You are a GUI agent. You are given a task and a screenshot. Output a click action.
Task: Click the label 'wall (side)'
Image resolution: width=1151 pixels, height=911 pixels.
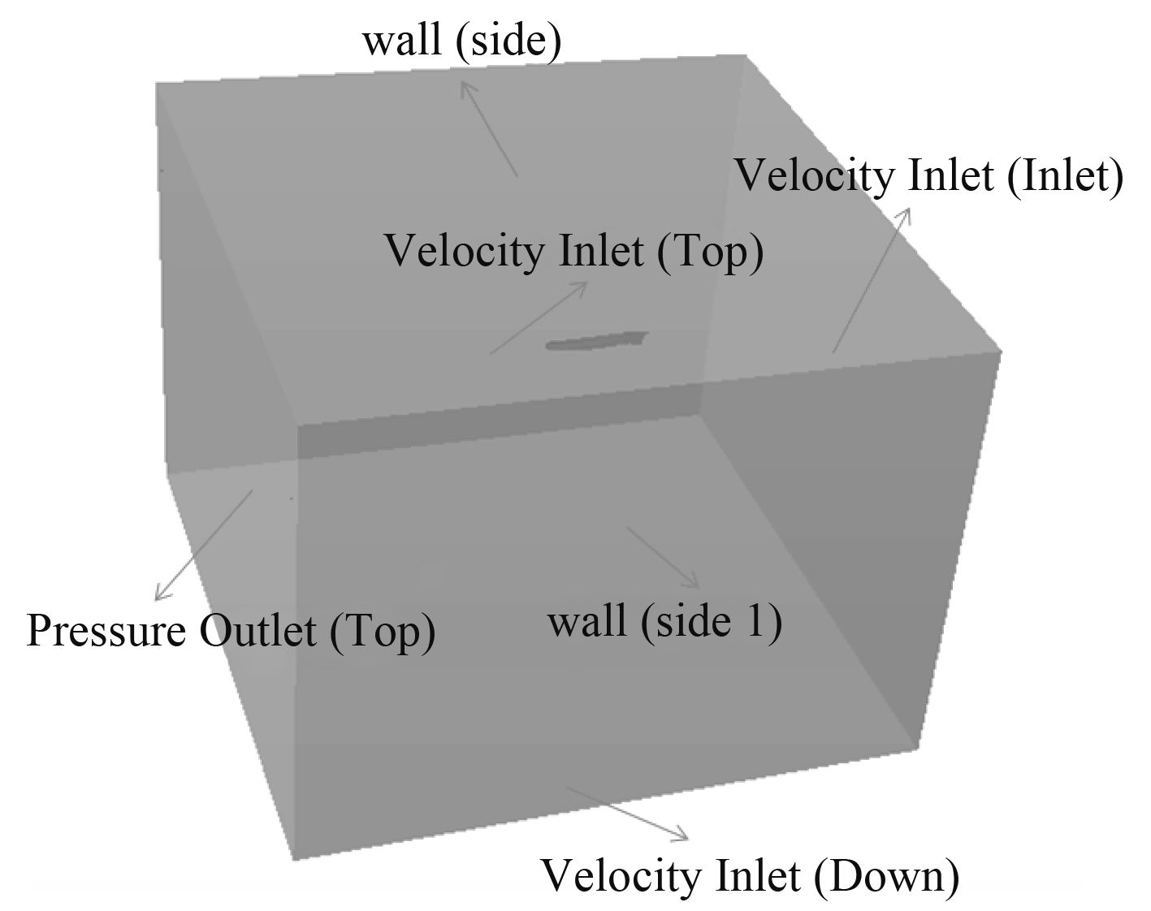click(x=461, y=41)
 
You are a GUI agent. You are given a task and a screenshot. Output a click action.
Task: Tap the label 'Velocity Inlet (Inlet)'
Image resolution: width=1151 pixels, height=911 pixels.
click(x=928, y=175)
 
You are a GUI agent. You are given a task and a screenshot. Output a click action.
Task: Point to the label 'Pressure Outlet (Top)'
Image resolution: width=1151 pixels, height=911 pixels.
click(x=231, y=631)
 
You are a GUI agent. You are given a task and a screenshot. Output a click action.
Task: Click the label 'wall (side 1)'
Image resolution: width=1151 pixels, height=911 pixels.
click(x=665, y=623)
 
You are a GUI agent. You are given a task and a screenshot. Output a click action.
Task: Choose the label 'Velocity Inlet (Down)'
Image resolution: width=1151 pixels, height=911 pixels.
click(x=750, y=877)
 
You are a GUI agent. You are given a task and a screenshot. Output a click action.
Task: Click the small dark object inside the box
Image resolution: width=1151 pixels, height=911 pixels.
click(x=597, y=341)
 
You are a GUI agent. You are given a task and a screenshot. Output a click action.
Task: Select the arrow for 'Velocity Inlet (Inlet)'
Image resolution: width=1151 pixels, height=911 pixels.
click(x=871, y=280)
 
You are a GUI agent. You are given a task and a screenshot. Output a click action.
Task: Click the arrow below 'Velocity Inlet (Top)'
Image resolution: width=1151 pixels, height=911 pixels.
click(x=539, y=317)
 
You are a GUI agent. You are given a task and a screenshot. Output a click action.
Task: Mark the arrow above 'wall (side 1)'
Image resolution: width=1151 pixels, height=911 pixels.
click(x=662, y=556)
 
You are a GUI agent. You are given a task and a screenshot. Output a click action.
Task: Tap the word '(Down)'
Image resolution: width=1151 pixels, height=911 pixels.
click(x=886, y=877)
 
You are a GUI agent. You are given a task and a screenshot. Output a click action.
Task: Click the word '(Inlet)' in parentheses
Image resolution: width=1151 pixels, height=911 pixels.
click(x=1065, y=175)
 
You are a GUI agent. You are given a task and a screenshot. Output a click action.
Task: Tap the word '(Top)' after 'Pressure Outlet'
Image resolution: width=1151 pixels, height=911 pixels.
click(x=383, y=631)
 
